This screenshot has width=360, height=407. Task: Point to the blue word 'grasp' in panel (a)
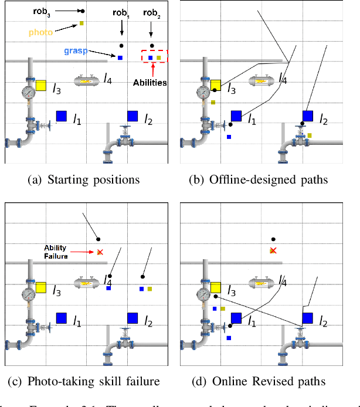coord(76,52)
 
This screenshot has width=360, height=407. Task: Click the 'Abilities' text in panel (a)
coord(149,83)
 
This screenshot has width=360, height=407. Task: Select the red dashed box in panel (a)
coord(154,57)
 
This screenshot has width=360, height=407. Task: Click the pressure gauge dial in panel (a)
coord(28,92)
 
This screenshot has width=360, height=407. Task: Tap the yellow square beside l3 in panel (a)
coord(41,85)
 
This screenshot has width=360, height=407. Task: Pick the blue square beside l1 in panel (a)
coord(61,116)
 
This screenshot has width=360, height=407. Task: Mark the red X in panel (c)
coord(100,252)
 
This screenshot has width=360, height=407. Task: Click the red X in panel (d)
coord(273,250)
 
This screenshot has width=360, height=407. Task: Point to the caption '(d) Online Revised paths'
coord(259,382)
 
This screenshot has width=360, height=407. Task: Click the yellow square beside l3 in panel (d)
coord(215,287)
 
